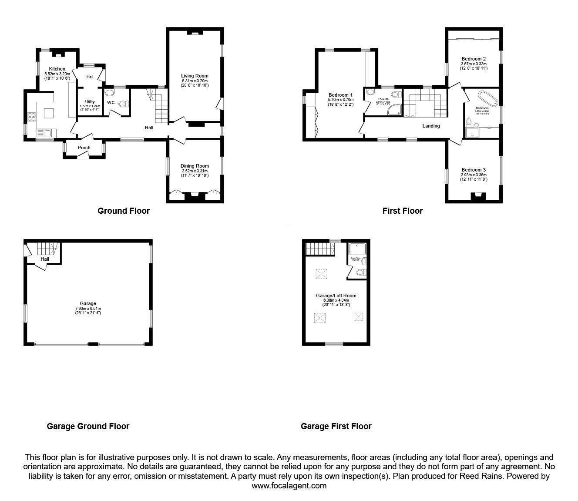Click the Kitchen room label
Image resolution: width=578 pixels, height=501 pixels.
pos(57,69)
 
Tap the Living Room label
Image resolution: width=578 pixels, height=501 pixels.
pos(195,76)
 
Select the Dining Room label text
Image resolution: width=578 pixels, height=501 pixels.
pos(195,166)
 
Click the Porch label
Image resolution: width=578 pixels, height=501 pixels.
pos(84,148)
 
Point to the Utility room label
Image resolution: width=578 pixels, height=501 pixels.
pos(90,102)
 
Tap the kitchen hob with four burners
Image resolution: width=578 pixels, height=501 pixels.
pos(31,116)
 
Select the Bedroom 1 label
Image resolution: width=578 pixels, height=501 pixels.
pos(340,95)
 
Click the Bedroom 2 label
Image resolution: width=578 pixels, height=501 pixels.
pos(474,59)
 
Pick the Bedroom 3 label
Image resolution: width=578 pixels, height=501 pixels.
pos(474,170)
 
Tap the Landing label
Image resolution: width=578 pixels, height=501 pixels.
pos(431,126)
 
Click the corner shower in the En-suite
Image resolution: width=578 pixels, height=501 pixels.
pos(395,110)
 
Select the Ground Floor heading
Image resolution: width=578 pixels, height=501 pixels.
pos(124,211)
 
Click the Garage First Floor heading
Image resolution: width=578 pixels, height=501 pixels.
pos(336,427)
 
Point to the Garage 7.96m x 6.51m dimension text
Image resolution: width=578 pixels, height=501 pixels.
pos(88,309)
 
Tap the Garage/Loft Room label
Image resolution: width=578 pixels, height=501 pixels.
pos(336,296)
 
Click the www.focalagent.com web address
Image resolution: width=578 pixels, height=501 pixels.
pos(289,486)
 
